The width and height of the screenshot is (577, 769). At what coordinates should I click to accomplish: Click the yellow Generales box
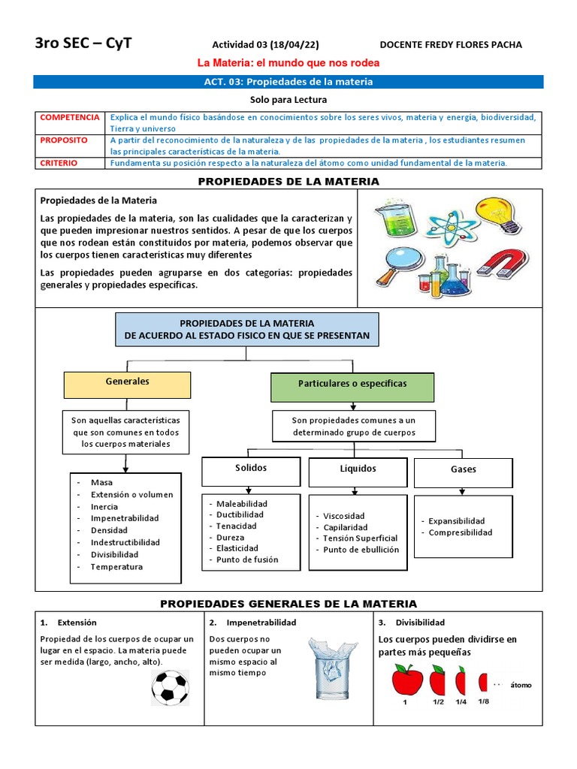point(127,384)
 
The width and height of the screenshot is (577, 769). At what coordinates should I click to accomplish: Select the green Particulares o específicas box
point(352,386)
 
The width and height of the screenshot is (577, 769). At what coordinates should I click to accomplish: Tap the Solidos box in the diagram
point(251,470)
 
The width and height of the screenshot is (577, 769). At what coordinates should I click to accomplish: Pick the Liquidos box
point(358,471)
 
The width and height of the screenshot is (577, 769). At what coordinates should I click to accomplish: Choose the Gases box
point(464,472)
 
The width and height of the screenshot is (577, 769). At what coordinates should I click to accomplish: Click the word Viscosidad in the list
point(344,516)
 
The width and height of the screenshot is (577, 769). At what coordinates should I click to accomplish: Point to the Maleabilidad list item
point(242,503)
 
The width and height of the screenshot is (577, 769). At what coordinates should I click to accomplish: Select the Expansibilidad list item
point(457,520)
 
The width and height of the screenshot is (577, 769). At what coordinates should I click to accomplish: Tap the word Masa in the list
point(101,482)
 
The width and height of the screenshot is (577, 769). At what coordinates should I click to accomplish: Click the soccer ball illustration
point(170,687)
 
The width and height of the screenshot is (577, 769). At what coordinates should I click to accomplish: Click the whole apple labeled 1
point(404,680)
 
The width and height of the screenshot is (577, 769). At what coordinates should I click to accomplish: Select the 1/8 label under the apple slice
point(483,701)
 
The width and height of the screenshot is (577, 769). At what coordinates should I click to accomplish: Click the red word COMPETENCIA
point(69,118)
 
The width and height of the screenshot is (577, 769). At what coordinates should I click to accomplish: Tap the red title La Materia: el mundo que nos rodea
point(288,63)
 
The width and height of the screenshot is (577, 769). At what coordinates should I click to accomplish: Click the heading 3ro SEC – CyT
point(83,44)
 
